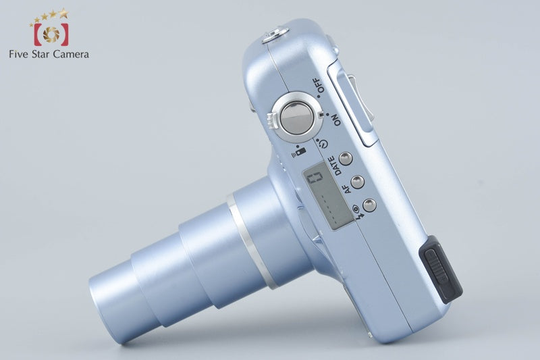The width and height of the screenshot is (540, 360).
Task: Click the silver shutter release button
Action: (297, 118)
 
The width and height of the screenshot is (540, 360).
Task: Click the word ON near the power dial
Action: (335, 120)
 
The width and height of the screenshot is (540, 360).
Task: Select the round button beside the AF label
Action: (358, 182)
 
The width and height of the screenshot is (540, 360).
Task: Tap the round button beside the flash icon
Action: (369, 205)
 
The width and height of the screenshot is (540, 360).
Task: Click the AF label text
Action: (348, 188)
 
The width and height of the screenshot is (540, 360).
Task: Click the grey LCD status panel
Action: (327, 197)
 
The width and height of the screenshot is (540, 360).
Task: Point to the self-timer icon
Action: (323, 144)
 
